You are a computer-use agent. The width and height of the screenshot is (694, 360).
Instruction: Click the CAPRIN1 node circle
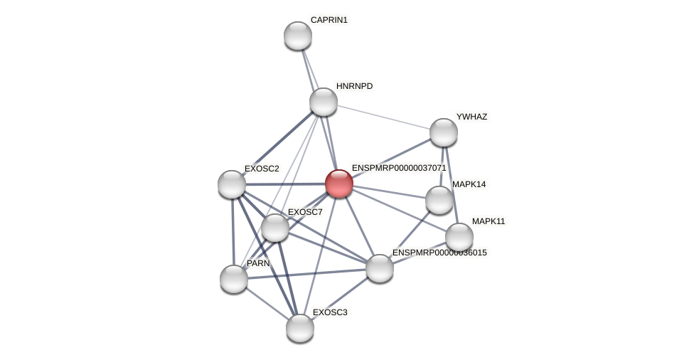pos(298,36)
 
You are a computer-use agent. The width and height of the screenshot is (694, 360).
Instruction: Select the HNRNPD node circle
pos(324,102)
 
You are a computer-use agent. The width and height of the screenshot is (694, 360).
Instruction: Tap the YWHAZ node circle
pos(444,132)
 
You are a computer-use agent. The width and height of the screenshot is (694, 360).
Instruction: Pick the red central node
pos(339,184)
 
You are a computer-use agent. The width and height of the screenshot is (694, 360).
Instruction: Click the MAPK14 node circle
pos(439,200)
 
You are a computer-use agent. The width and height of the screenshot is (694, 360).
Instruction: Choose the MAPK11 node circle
pos(459,237)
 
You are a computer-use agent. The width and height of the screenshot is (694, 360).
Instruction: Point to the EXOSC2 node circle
pos(232,184)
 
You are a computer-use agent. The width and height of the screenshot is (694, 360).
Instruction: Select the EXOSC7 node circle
pos(275,228)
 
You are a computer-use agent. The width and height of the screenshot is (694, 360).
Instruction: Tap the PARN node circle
pos(234,279)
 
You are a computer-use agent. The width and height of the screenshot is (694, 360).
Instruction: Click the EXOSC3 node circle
pos(300,328)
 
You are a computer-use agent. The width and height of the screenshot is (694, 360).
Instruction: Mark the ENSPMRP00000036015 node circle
pos(380,268)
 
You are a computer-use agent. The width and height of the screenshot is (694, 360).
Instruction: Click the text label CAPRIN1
pos(329,20)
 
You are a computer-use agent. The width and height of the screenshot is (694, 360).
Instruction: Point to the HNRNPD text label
pos(354,86)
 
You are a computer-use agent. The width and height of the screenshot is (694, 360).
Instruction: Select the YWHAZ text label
pos(471,117)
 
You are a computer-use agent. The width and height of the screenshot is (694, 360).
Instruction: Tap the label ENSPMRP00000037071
pos(398,168)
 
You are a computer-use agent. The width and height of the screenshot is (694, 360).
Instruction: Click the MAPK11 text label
pos(489,221)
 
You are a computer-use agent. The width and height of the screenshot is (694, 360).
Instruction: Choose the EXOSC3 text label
pos(330,312)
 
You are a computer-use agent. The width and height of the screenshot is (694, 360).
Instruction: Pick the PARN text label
pos(258,263)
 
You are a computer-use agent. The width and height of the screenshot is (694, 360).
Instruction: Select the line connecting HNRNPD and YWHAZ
pos(384,117)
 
